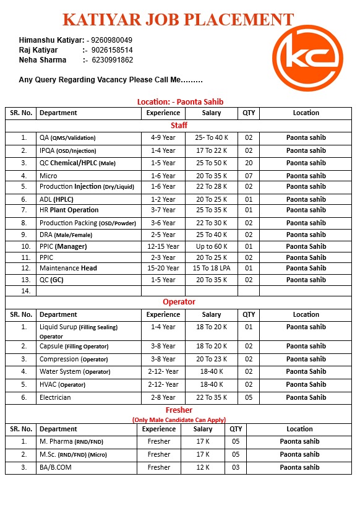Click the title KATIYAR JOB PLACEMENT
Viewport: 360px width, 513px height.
pyautogui.click(x=178, y=19)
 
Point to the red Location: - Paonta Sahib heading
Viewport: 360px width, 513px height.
pyautogui.click(x=180, y=101)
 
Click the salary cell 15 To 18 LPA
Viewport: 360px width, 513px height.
pyautogui.click(x=212, y=268)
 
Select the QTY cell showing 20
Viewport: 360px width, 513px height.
pyautogui.click(x=249, y=163)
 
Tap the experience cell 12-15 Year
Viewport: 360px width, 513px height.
pyautogui.click(x=163, y=246)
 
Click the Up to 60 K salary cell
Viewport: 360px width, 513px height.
pyautogui.click(x=212, y=246)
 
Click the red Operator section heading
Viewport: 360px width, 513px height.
pyautogui.click(x=179, y=302)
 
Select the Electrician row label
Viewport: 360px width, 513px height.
pyautogui.click(x=55, y=397)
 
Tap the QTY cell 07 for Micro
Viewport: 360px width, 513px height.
pyautogui.click(x=249, y=176)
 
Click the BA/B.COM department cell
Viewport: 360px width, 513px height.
pyautogui.click(x=56, y=467)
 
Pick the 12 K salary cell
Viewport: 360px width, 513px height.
pyautogui.click(x=202, y=467)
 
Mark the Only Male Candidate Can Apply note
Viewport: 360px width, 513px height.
pyautogui.click(x=179, y=420)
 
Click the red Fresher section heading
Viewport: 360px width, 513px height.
pyautogui.click(x=179, y=410)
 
